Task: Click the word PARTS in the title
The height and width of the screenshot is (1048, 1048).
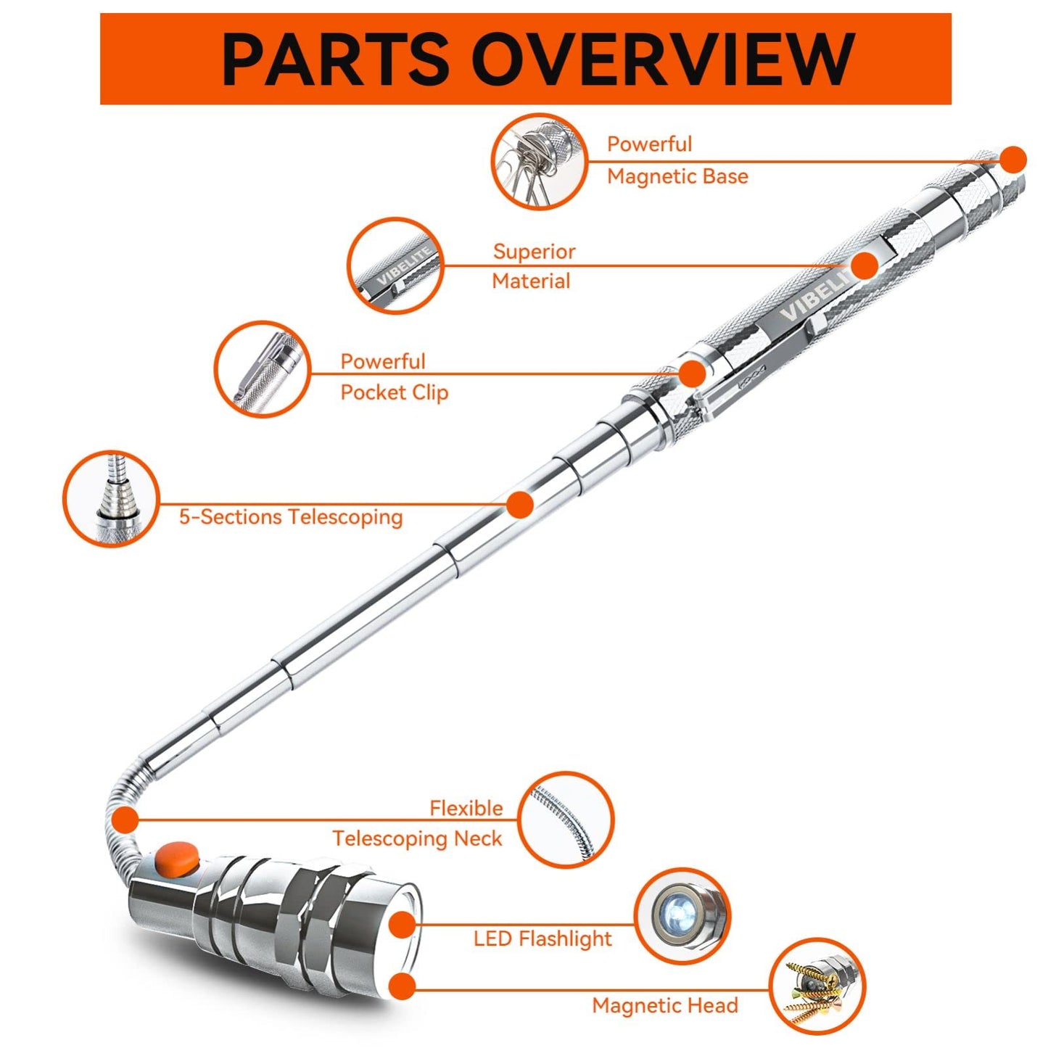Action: [x=335, y=59]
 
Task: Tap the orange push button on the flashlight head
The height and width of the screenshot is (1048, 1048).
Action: [x=177, y=857]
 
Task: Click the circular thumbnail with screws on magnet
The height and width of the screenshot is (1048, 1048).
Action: [x=817, y=985]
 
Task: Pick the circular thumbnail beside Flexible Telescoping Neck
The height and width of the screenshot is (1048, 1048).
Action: [x=566, y=820]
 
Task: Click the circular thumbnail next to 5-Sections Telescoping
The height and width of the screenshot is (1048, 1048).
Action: [x=110, y=498]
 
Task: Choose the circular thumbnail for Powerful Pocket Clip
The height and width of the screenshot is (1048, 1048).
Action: [x=262, y=369]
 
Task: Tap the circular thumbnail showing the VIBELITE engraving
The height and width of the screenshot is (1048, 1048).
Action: [x=395, y=265]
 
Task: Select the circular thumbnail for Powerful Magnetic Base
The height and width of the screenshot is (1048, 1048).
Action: [x=539, y=161]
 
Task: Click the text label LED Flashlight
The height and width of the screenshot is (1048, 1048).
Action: [x=542, y=938]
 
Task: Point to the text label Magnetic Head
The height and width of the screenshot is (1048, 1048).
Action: [x=665, y=1005]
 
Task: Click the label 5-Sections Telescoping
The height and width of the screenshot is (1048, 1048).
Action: [x=291, y=517]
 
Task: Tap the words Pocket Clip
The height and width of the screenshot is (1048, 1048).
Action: [x=395, y=392]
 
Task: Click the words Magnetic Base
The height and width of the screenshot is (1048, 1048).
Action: [x=677, y=176]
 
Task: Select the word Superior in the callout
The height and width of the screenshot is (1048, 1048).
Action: [x=534, y=252]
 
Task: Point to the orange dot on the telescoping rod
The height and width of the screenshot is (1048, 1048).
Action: [x=520, y=504]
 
